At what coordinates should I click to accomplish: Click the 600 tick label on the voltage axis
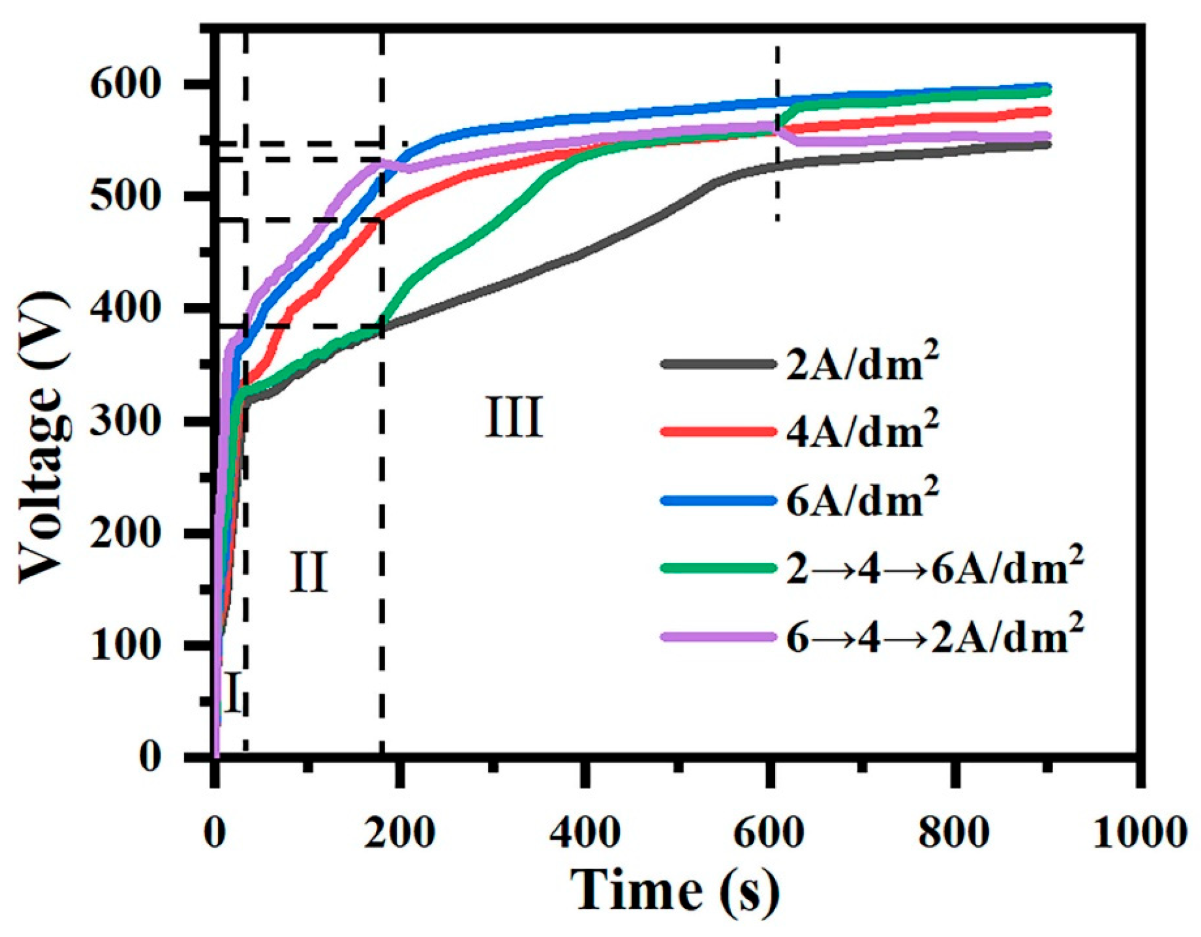[x=118, y=85]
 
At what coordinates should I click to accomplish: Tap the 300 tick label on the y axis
[x=118, y=421]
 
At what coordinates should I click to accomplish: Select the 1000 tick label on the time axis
[x=1139, y=833]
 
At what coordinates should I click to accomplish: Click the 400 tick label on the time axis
[x=584, y=833]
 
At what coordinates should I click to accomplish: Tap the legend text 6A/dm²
[x=862, y=500]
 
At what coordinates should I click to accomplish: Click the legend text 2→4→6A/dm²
[x=934, y=568]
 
